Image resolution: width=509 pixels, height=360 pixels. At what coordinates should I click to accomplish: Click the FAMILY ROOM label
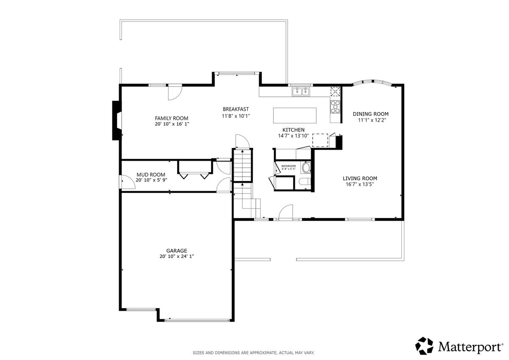pyautogui.click(x=171, y=118)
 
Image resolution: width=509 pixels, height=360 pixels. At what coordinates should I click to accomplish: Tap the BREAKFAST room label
pyautogui.click(x=236, y=109)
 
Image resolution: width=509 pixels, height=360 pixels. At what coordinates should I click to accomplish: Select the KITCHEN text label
pyautogui.click(x=294, y=130)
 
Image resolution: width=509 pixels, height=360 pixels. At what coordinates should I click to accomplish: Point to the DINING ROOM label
pyautogui.click(x=371, y=114)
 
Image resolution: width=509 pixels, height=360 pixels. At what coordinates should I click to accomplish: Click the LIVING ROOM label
pyautogui.click(x=360, y=179)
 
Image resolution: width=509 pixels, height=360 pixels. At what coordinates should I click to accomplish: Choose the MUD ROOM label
pyautogui.click(x=151, y=175)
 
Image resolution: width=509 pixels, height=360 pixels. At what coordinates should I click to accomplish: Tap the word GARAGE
pyautogui.click(x=176, y=251)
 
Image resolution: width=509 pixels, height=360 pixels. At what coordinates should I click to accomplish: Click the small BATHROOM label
pyautogui.click(x=288, y=166)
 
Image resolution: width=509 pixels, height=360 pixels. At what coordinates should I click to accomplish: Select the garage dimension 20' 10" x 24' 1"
pyautogui.click(x=176, y=257)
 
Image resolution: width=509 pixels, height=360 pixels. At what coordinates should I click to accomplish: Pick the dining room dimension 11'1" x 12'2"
pyautogui.click(x=372, y=120)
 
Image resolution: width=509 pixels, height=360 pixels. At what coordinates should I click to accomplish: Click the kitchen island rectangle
pyautogui.click(x=295, y=115)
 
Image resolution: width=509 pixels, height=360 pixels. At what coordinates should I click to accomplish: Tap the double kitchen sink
pyautogui.click(x=301, y=92)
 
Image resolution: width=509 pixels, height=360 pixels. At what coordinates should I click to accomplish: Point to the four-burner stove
pyautogui.click(x=335, y=107)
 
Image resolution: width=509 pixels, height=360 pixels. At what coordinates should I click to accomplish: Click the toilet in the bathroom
pyautogui.click(x=305, y=182)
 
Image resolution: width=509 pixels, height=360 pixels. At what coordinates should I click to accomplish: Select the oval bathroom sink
pyautogui.click(x=306, y=168)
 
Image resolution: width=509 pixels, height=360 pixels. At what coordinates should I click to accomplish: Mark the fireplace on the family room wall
pyautogui.click(x=117, y=120)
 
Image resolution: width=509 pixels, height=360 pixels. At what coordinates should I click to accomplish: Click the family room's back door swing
pyautogui.click(x=175, y=93)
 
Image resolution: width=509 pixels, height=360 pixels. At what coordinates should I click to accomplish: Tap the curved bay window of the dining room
pyautogui.click(x=372, y=82)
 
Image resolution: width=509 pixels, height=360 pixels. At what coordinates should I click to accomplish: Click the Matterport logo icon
pyautogui.click(x=424, y=346)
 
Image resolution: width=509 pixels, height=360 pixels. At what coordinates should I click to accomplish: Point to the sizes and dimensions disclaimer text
pyautogui.click(x=253, y=353)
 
